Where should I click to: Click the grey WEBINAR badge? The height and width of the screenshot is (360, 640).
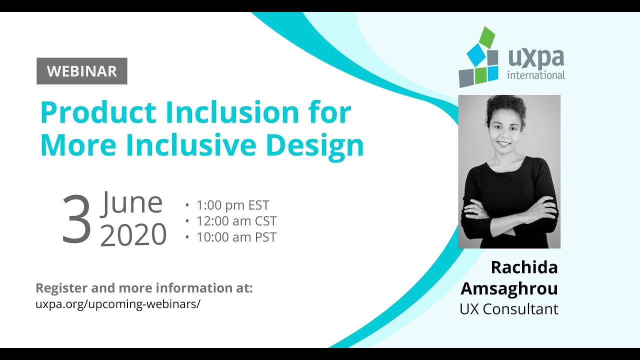pos(82,71)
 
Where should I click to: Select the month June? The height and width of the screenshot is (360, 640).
pos(132,203)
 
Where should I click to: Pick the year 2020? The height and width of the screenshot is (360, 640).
pos(133,234)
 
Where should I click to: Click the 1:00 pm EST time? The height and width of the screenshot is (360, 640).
pos(232,205)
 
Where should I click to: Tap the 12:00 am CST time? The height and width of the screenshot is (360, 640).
pos(236,221)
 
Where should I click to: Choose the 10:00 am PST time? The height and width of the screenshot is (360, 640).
pos(236,237)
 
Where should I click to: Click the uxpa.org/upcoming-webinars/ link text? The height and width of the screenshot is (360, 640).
pos(117,304)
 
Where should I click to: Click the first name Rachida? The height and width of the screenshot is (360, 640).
pos(524,267)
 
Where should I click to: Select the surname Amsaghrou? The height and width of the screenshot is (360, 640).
pos(509,288)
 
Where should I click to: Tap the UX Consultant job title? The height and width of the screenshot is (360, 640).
pos(508,309)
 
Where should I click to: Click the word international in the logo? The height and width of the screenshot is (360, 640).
pos(536,75)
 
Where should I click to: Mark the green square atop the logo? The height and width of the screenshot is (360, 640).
pos(487,37)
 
